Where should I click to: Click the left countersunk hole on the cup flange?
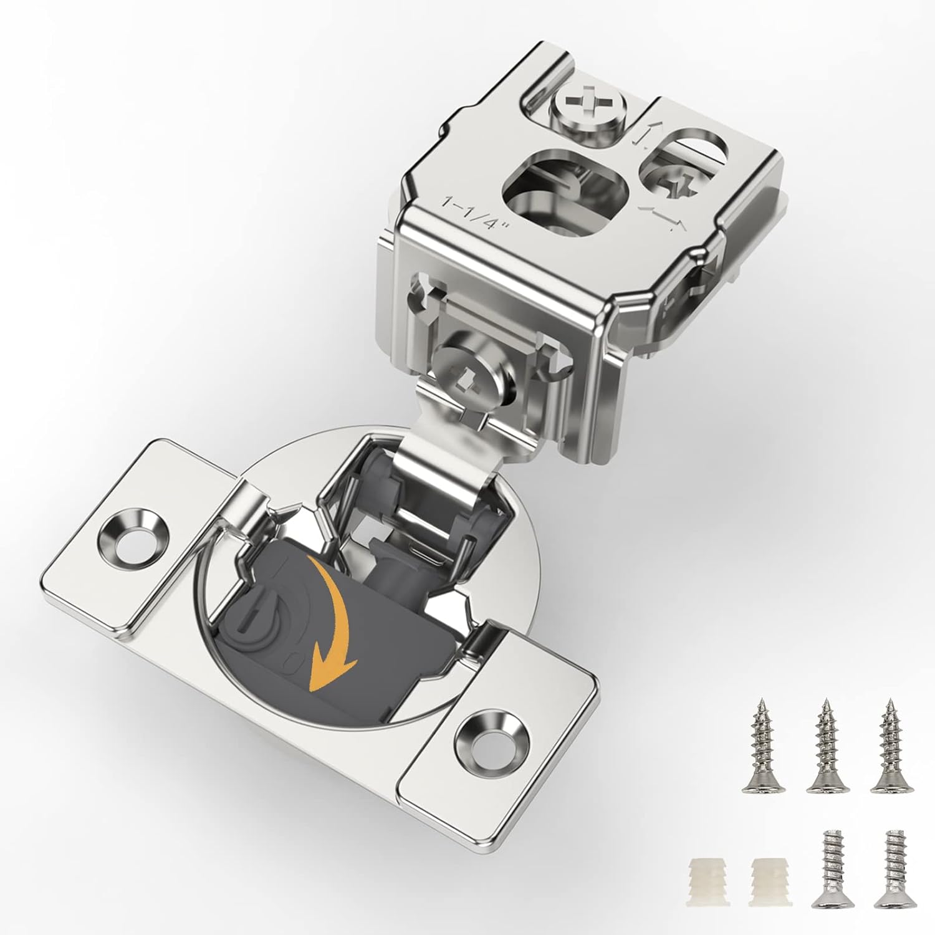coord(133,537)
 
